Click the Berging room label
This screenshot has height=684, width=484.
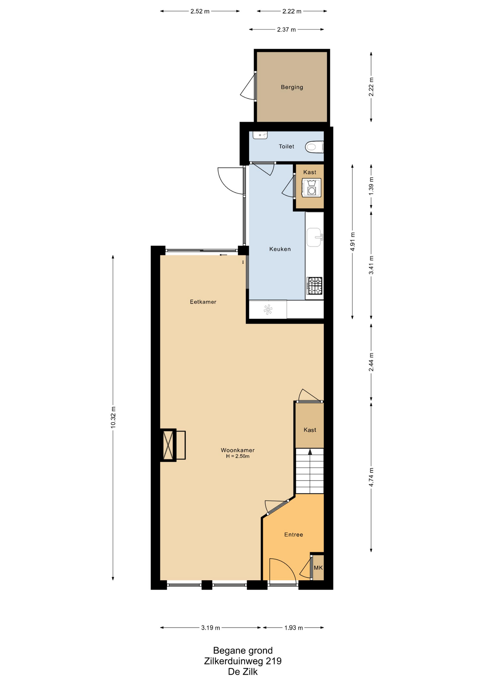click(x=292, y=87)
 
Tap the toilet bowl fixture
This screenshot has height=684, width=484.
click(x=314, y=147)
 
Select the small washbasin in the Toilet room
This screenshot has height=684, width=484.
click(x=260, y=135)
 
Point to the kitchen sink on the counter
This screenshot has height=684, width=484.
click(x=314, y=237)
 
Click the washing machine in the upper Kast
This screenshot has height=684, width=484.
click(x=311, y=188)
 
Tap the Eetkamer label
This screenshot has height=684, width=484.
click(x=203, y=302)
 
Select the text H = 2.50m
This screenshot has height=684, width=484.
click(x=237, y=456)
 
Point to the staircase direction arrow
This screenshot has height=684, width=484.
click(x=310, y=452)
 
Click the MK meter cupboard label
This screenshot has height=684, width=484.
click(x=318, y=568)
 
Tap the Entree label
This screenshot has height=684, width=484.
click(x=293, y=534)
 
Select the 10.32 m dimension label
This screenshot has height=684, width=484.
click(x=113, y=417)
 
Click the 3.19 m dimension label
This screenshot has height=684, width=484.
click(x=210, y=628)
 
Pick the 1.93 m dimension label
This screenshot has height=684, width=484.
click(x=293, y=628)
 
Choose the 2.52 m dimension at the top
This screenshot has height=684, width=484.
click(x=200, y=11)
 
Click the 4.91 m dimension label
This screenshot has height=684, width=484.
click(x=352, y=242)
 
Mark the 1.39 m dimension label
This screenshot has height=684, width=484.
click(x=371, y=186)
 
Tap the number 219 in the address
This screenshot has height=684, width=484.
click(x=274, y=661)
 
